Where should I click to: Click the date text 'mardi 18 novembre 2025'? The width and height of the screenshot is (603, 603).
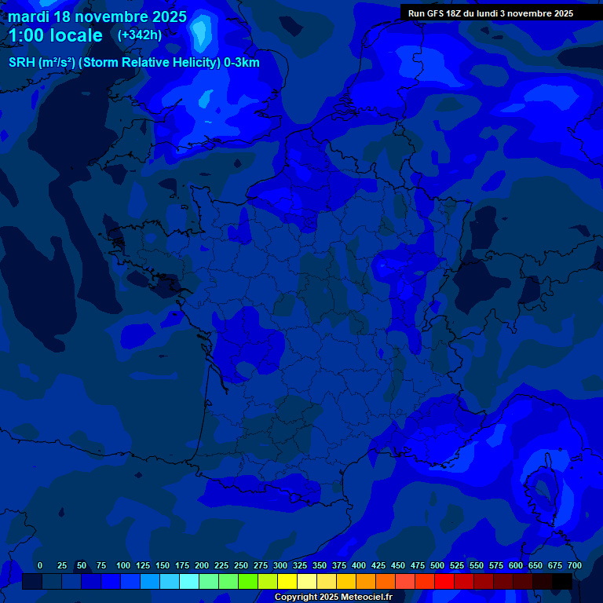(97, 16)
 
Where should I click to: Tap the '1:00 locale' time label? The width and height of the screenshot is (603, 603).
(56, 35)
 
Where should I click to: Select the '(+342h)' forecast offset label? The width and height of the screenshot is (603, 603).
(140, 35)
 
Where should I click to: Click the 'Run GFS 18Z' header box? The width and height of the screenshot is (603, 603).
(491, 13)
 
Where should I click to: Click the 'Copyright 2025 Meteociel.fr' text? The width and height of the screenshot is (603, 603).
(333, 598)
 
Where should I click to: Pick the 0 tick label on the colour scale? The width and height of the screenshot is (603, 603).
(40, 565)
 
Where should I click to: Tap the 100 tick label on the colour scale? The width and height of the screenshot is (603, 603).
(123, 565)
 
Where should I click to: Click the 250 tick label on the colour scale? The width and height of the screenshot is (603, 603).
(241, 565)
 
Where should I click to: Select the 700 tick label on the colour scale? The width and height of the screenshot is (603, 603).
(575, 565)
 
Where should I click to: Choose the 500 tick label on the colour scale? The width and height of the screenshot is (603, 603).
(437, 565)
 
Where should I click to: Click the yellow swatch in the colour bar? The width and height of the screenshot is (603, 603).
(287, 581)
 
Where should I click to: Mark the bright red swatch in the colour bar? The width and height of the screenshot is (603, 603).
(444, 581)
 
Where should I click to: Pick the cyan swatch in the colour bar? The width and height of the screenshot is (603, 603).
(189, 581)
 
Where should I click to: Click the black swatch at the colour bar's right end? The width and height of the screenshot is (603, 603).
(562, 581)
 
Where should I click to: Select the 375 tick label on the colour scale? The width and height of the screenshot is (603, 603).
(339, 565)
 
